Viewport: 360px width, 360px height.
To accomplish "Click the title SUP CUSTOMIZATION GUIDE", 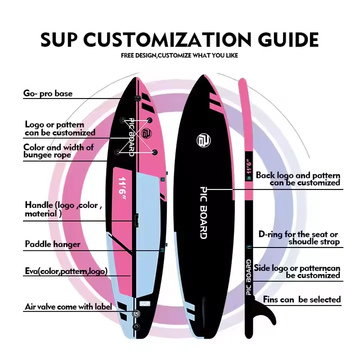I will click(x=179, y=39).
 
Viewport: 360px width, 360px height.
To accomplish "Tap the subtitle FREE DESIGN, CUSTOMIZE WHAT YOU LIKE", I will click(x=179, y=55).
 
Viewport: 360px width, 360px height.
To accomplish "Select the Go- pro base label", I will click(x=48, y=93).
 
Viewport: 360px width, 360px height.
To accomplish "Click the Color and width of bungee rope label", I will click(x=58, y=151).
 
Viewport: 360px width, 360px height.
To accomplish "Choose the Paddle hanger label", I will click(x=52, y=245).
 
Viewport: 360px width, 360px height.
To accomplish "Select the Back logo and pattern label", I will click(x=298, y=179).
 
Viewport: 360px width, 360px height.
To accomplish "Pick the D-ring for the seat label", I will click(x=299, y=238).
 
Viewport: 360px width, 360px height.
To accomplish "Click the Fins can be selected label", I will click(x=302, y=300).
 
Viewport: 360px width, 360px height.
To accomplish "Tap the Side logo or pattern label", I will click(x=297, y=271).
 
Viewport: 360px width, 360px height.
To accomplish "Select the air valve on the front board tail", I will click(x=136, y=314).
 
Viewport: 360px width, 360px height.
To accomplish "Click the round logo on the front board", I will click(x=145, y=134).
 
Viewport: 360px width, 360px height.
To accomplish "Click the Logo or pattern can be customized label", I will click(x=60, y=128).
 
